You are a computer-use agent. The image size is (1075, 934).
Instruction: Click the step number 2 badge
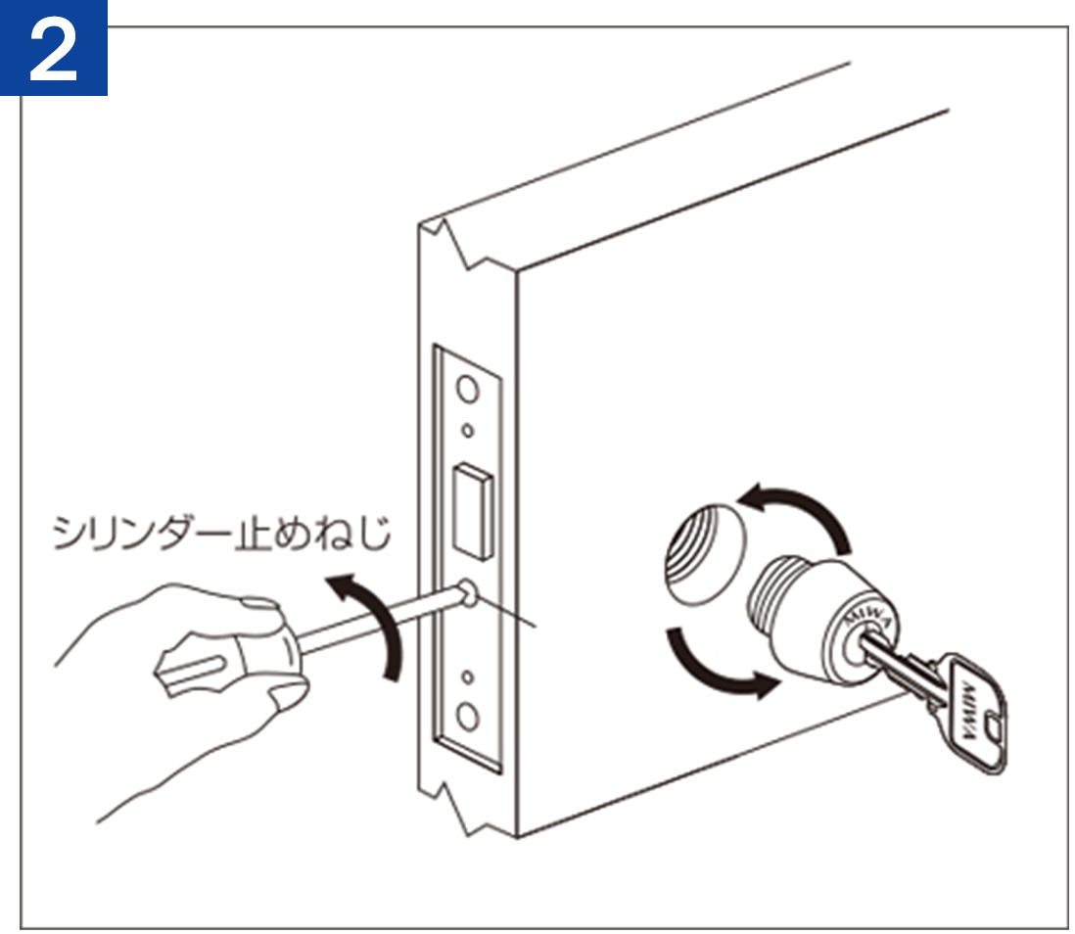tap(54, 48)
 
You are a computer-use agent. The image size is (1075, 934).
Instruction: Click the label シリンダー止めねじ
tap(221, 533)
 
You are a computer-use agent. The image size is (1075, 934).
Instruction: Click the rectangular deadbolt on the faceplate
tap(472, 509)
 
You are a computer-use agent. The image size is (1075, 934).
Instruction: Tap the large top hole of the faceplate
tap(468, 391)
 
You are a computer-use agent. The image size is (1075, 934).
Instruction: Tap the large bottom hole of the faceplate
tap(468, 718)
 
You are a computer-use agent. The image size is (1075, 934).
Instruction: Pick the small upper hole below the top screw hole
tap(468, 431)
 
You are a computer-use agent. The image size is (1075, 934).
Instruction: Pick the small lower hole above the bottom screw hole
tap(468, 677)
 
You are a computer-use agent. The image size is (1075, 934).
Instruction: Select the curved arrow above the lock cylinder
tap(799, 515)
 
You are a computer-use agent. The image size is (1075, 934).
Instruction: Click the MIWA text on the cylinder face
tap(867, 619)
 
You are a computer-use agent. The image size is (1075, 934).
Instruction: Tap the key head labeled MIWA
tap(973, 713)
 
